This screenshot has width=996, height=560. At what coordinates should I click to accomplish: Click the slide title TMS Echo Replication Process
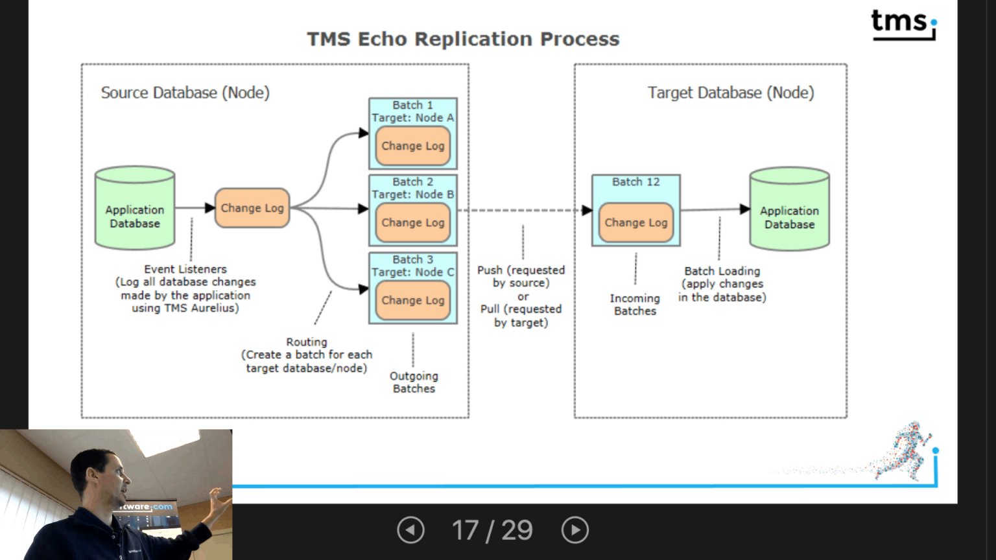click(463, 40)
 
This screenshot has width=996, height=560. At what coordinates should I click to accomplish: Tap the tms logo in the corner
click(903, 24)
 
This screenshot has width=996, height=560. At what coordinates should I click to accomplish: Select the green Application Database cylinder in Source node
click(135, 209)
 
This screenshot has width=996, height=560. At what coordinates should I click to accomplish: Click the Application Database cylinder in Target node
click(789, 210)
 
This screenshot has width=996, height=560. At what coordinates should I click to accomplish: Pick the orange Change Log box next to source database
click(252, 208)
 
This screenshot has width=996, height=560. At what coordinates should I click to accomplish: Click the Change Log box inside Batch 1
click(413, 146)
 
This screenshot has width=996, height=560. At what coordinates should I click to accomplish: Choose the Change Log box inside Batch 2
click(413, 222)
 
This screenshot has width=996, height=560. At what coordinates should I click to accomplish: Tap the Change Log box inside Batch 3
click(413, 300)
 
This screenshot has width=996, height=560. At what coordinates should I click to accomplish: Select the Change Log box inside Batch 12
click(635, 222)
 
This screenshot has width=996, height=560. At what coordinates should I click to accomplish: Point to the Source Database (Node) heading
click(185, 93)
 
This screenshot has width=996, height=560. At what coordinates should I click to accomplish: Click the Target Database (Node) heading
click(731, 93)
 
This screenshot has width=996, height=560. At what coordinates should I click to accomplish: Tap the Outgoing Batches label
click(414, 382)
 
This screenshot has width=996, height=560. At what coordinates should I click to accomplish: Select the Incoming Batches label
click(635, 304)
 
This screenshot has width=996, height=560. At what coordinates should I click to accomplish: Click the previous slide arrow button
click(410, 530)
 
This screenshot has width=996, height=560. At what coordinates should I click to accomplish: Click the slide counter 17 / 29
click(492, 530)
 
